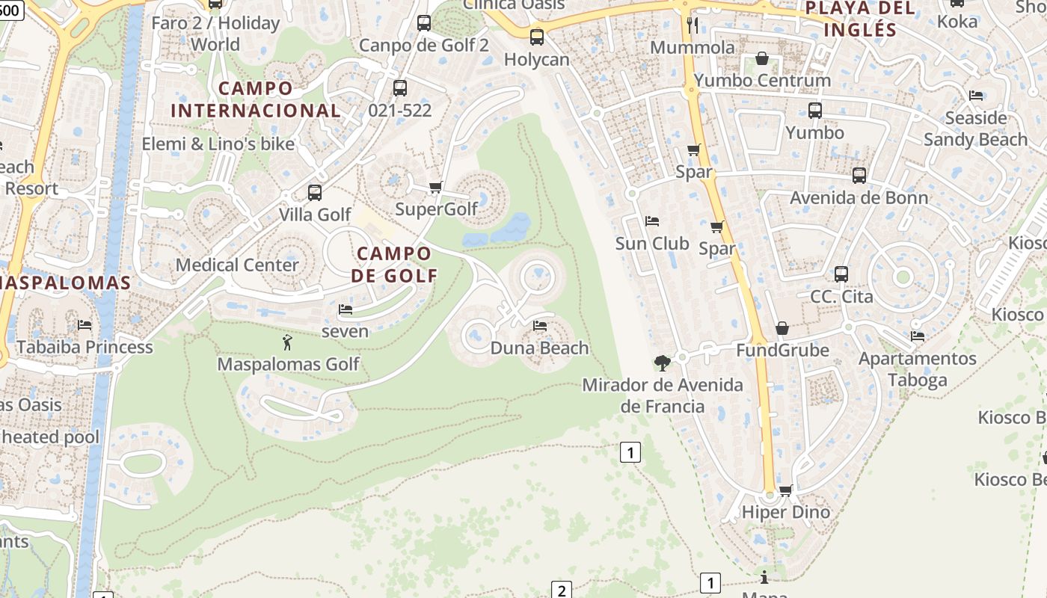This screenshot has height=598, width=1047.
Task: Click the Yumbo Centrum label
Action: [762, 80]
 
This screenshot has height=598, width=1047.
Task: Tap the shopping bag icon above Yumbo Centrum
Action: [762, 58]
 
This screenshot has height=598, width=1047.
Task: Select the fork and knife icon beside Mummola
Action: [693, 25]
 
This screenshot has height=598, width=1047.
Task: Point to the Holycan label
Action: [536, 59]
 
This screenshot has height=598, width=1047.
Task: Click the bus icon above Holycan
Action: [536, 37]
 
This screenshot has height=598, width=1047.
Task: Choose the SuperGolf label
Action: [436, 209]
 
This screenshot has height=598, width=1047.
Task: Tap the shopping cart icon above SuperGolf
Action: [436, 187]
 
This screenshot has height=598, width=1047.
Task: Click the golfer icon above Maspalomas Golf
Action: [287, 343]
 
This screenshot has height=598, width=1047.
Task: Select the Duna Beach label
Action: [539, 348]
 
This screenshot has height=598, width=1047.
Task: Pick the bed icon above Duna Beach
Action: [539, 326]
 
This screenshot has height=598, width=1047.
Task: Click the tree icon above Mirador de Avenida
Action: [662, 363]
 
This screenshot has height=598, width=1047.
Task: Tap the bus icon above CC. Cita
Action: [841, 274]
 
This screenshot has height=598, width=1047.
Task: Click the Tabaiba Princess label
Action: [85, 347]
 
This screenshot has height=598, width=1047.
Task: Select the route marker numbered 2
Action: [562, 590]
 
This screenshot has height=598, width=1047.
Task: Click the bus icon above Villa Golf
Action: [315, 193]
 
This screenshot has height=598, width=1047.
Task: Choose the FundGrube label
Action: [782, 350]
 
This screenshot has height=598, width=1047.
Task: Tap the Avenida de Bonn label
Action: [859, 198]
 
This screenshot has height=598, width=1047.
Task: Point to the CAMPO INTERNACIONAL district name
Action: [256, 99]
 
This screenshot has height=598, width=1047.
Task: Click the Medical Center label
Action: [237, 265]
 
